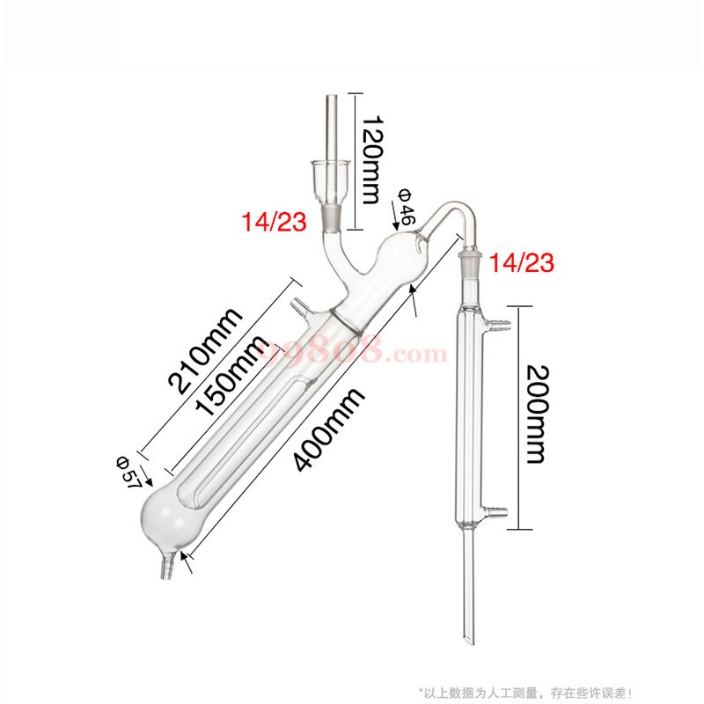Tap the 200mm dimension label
tap(534, 417)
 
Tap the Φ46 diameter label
tap(407, 204)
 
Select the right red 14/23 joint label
tap(522, 261)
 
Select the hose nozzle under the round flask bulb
tap(165, 568)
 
